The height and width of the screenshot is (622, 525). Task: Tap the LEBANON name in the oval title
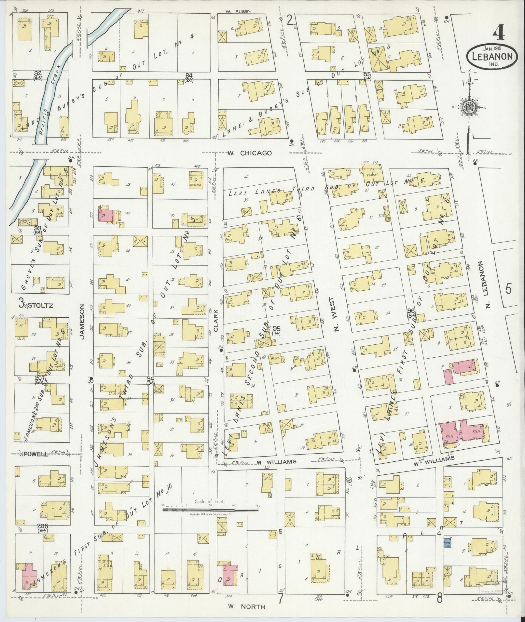coord(491,56)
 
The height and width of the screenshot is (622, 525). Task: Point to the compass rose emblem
coord(469,107)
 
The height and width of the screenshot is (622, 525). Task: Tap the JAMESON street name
coord(81,322)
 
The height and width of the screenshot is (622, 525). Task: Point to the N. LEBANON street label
coord(487,283)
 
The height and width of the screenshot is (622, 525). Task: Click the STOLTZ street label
coord(40,305)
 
